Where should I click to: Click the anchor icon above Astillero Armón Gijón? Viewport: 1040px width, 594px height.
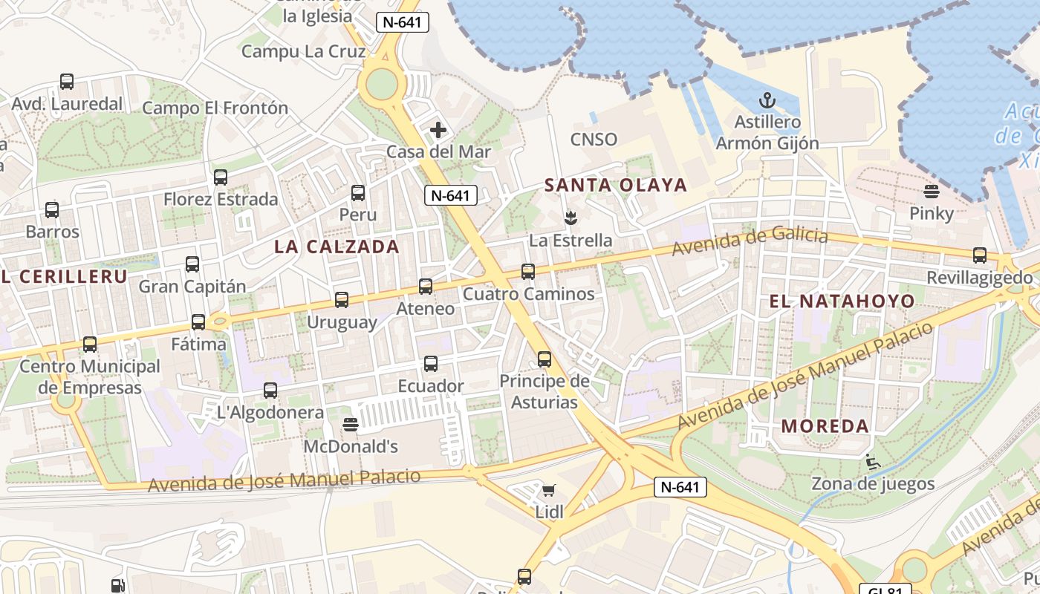767,99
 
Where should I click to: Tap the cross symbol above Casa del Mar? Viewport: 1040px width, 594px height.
438,130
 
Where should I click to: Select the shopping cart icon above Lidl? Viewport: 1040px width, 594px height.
549,489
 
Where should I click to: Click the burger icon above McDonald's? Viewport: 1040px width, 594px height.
351,424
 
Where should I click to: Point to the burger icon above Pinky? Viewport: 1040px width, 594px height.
932,192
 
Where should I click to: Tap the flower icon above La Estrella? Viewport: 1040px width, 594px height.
571,218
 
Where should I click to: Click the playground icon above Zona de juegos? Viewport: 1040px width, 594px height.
873,462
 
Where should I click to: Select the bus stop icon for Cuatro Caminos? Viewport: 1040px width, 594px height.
528,272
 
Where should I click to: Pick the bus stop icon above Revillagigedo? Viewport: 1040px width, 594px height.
980,255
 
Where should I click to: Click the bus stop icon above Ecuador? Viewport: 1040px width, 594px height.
431,364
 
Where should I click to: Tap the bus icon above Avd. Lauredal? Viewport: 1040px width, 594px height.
67,82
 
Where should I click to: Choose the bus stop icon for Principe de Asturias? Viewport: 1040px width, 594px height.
545,359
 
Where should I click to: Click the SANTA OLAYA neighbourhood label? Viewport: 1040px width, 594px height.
616,185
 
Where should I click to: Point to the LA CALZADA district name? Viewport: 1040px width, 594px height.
337,247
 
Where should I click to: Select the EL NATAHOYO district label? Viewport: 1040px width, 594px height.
842,301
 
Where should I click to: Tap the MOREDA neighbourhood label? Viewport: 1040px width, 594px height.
825,426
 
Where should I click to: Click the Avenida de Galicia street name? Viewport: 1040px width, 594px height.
750,241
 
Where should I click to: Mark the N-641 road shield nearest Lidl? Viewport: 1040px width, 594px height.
680,487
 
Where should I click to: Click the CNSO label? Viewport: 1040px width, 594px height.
594,139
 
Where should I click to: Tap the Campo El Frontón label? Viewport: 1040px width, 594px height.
215,108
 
